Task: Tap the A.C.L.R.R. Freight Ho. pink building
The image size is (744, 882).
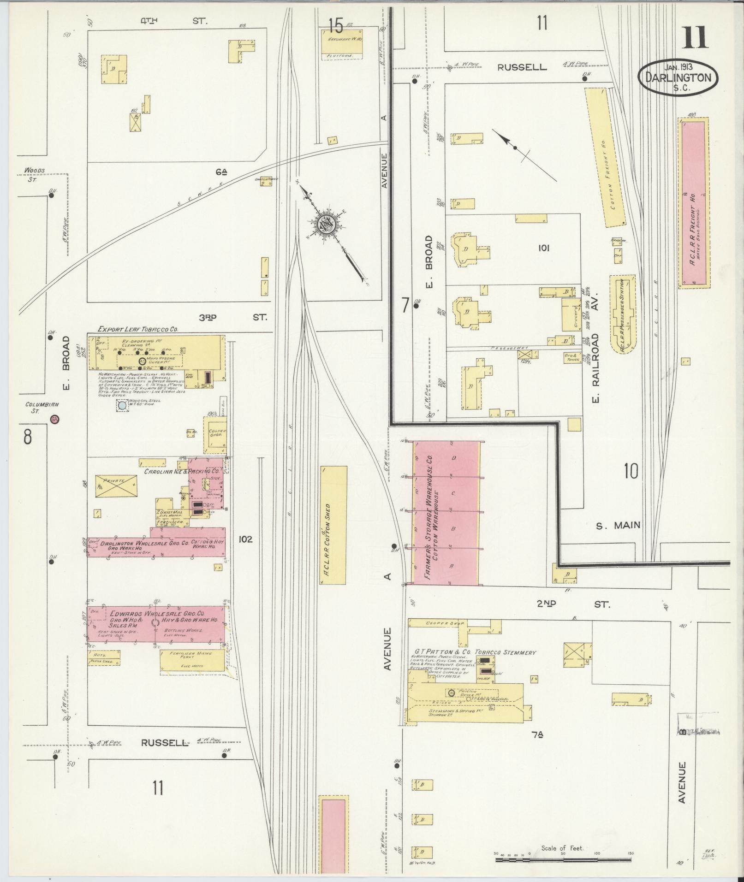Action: click(693, 203)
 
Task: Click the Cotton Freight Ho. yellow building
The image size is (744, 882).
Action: click(605, 157)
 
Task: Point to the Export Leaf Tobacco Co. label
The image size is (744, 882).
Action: click(138, 329)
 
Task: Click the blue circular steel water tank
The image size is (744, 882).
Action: click(122, 406)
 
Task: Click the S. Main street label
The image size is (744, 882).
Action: click(618, 525)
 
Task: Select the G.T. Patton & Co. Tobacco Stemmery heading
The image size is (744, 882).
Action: click(475, 652)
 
